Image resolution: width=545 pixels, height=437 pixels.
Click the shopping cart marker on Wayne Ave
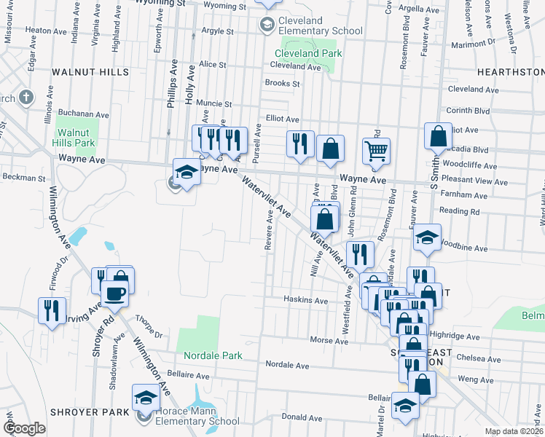[376, 151]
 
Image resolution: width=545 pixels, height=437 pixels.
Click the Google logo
[25, 428]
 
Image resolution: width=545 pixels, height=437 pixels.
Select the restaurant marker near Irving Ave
[52, 310]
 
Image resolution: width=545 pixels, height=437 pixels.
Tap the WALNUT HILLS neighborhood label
[90, 73]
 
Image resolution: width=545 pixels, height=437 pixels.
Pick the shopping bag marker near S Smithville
[438, 136]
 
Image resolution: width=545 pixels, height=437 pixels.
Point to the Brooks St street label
[283, 84]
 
